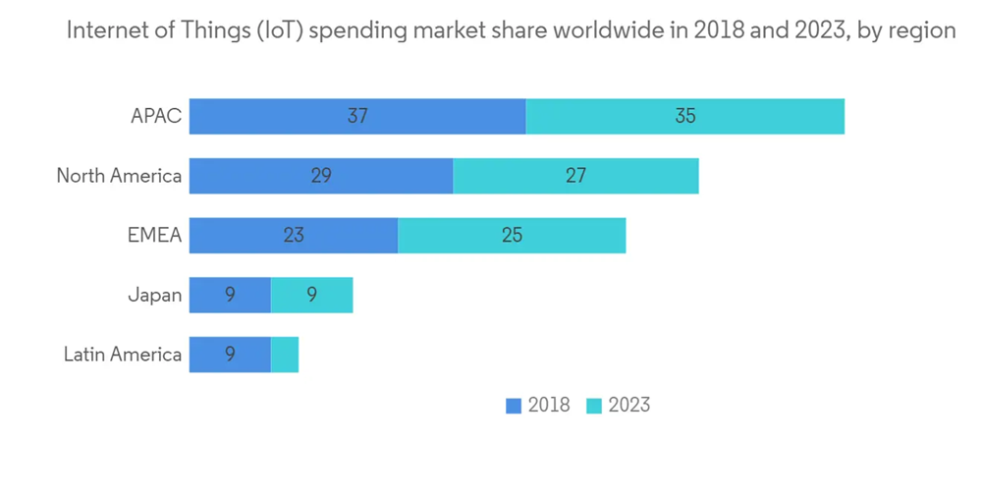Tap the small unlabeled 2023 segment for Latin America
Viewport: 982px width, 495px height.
[x=285, y=355]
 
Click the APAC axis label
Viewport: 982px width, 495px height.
[x=156, y=116]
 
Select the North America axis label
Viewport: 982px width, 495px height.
[x=119, y=176]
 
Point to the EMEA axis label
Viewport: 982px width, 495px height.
[x=154, y=236]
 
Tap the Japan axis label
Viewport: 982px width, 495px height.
[x=154, y=295]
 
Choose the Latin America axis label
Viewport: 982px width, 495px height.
[x=123, y=355]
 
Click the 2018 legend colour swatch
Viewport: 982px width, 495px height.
[x=514, y=406]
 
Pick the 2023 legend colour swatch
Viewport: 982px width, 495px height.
[x=594, y=406]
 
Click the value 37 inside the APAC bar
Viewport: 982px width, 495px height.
[x=357, y=116]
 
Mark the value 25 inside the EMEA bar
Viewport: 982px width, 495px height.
[x=512, y=236]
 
